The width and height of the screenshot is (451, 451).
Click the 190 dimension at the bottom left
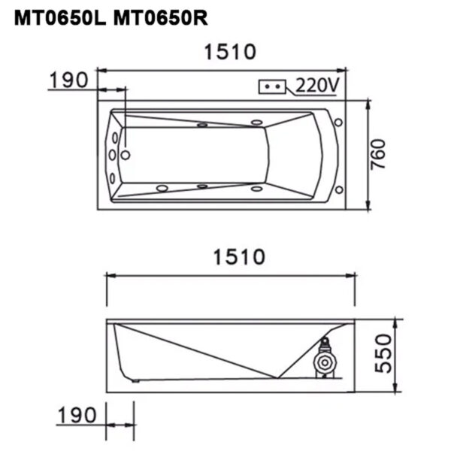(78, 414)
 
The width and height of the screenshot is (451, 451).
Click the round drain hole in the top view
(126, 156)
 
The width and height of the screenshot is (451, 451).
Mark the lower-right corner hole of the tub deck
(339, 188)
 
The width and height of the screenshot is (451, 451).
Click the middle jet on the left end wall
(113, 156)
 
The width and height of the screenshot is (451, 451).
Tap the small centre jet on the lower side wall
(201, 185)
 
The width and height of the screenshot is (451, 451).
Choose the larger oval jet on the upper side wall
(256, 123)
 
